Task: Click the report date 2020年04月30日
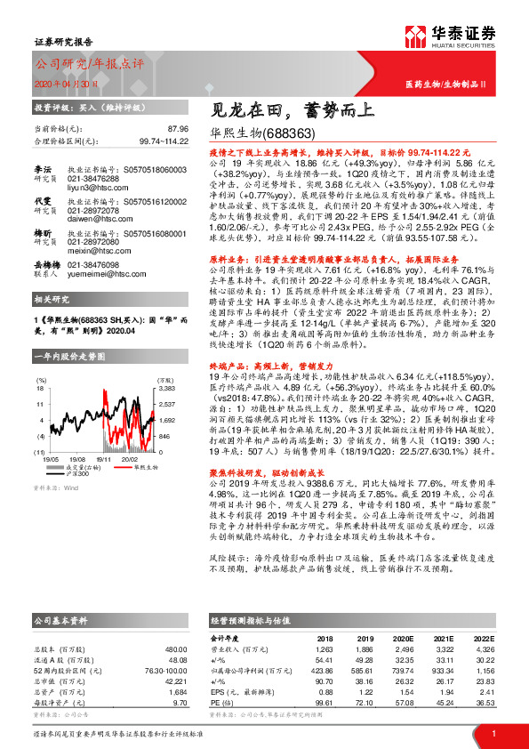pos(65,81)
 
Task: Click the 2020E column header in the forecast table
pos(403,638)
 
